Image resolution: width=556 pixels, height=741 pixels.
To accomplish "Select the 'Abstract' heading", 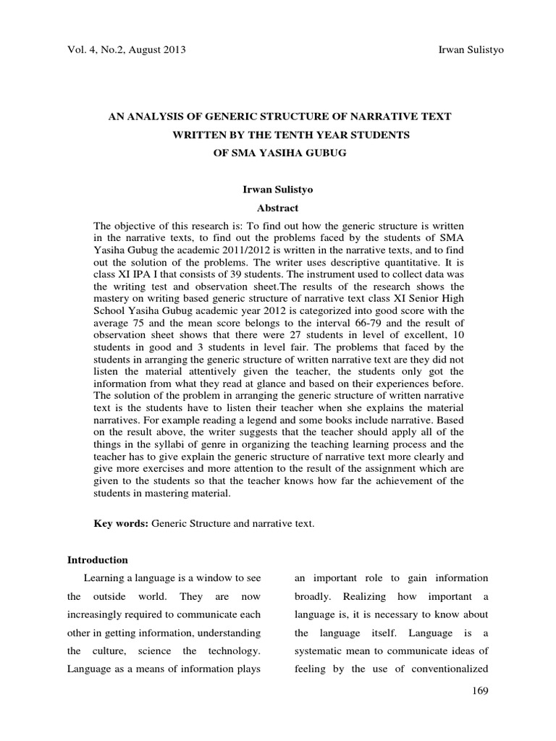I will coord(278,208).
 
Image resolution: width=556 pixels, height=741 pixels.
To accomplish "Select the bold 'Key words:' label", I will coord(122,523).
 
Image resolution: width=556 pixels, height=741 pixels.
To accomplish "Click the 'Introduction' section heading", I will coord(97,560).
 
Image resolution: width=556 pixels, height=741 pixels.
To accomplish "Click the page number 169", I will coord(479,691).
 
